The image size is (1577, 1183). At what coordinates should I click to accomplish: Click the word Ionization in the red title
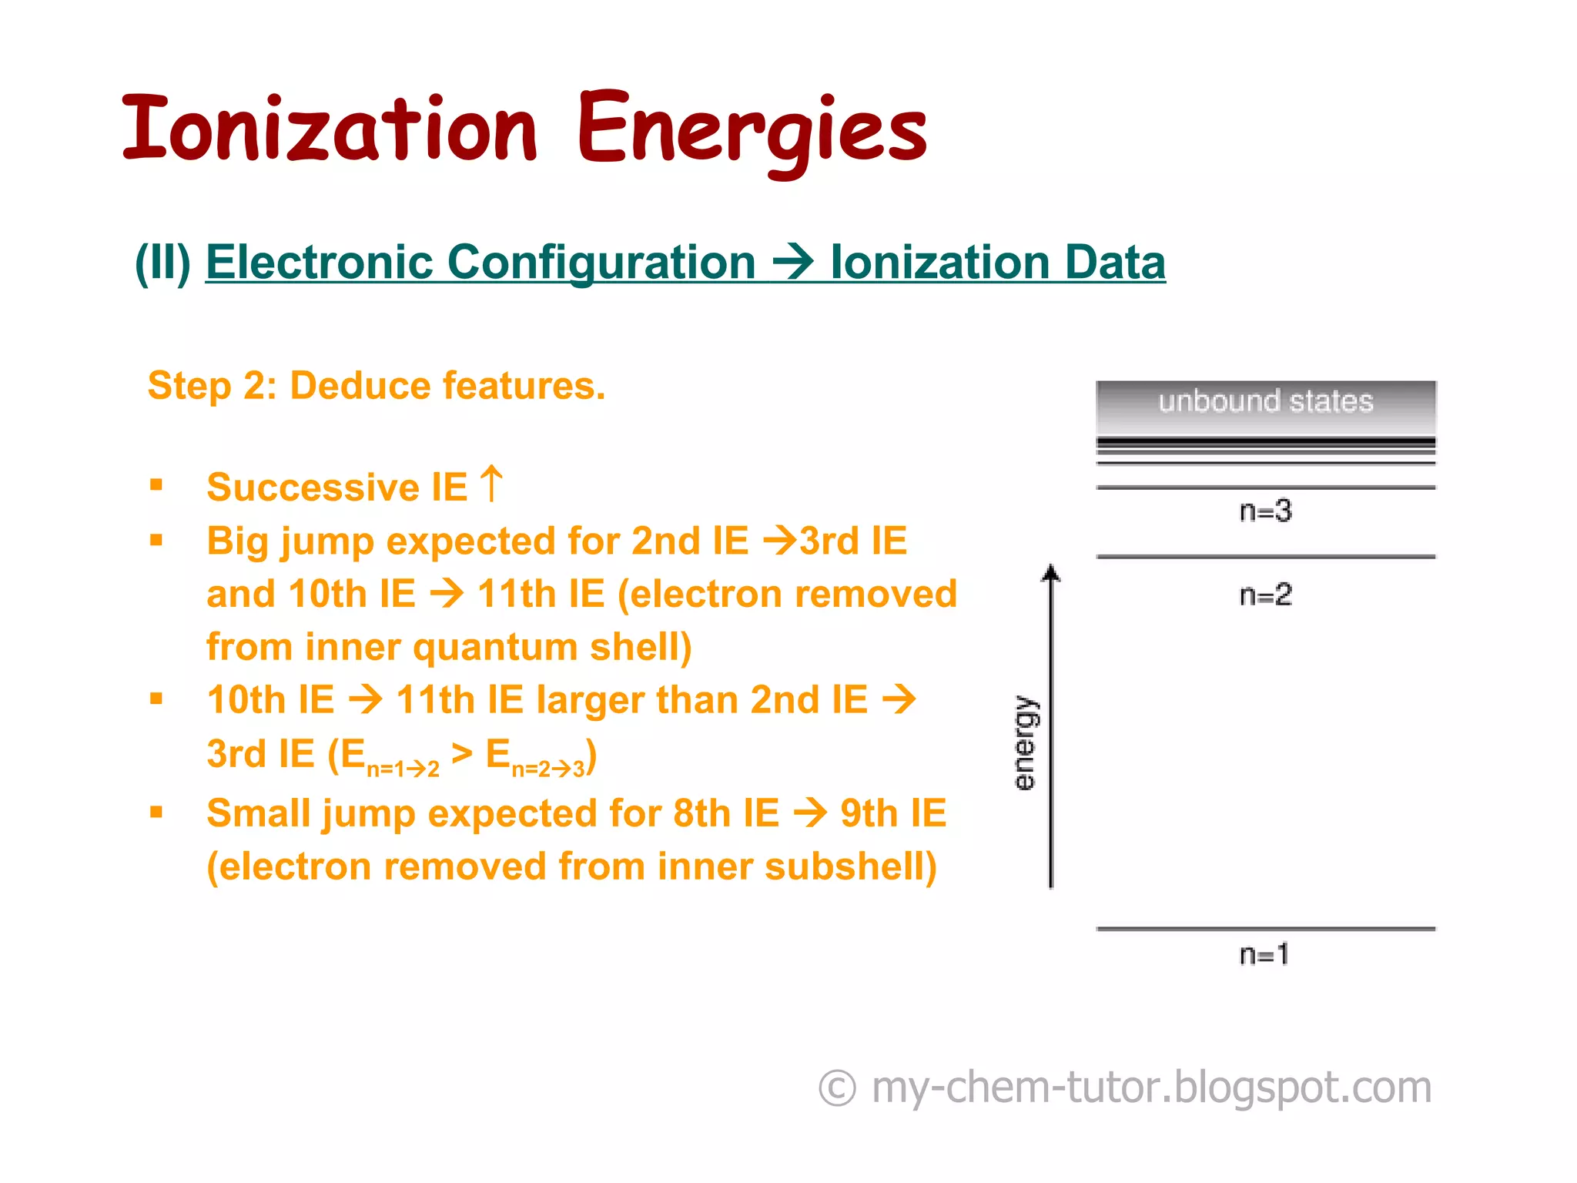coord(330,129)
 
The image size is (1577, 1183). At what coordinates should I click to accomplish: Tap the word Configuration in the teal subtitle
coord(601,263)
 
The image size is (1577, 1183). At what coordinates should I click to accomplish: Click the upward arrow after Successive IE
coord(491,484)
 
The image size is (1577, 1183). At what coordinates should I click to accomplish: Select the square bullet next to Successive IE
coord(156,485)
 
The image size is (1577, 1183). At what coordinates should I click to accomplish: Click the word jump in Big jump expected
coord(326,541)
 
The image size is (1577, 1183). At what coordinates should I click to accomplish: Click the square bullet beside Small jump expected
coord(156,812)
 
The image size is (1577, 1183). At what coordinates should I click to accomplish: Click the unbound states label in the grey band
coord(1265,401)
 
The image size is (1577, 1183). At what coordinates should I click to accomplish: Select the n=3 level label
coord(1265,511)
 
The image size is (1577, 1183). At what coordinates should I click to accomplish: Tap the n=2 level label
coord(1265,595)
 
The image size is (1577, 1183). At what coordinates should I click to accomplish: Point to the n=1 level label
coord(1264,954)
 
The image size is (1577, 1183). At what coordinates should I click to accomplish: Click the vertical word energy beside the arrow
coord(1025,743)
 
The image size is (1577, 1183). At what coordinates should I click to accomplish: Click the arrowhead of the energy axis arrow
coord(1051,573)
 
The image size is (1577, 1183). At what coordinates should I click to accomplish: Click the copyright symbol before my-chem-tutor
coord(837,1088)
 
